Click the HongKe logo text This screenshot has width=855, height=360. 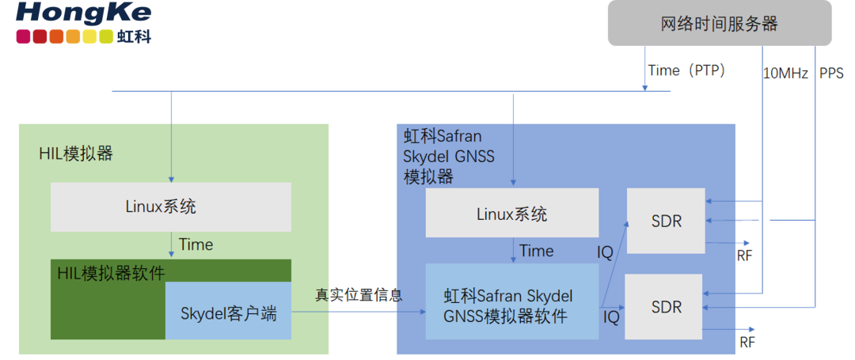tap(83, 13)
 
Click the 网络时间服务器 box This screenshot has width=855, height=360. tap(719, 24)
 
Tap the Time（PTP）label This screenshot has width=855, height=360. tap(686, 70)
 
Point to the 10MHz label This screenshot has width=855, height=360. tap(785, 74)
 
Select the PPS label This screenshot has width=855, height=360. tap(831, 74)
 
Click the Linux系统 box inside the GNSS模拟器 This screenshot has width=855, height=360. tap(511, 214)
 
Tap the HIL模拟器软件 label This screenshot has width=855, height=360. tap(111, 273)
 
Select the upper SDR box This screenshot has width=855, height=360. tap(665, 221)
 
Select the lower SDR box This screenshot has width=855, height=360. tap(665, 306)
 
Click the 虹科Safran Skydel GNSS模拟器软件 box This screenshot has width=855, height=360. tap(511, 306)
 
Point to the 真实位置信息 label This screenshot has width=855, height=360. tap(359, 295)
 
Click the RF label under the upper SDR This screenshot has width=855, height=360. tap(744, 256)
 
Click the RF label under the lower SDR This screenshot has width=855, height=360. tap(747, 343)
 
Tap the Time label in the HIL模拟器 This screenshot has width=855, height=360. tap(196, 244)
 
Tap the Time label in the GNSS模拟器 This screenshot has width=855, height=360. tap(536, 251)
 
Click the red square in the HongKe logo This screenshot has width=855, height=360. tap(40, 36)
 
